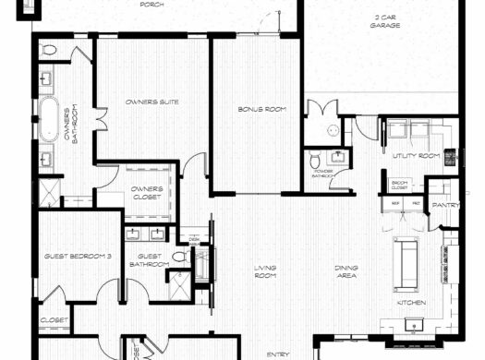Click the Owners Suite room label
point(152,102)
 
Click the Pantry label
point(446,205)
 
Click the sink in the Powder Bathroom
point(338,157)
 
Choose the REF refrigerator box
point(394,202)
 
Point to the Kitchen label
point(410,302)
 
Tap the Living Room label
point(266,272)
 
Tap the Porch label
point(152,5)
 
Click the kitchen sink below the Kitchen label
point(413,322)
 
